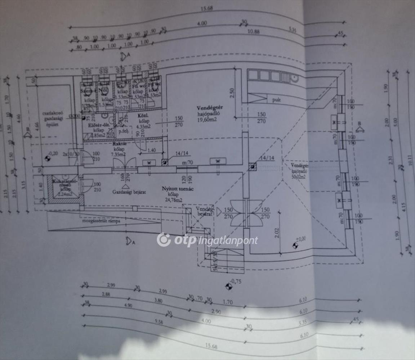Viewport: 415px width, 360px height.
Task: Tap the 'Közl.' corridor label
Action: click(142, 116)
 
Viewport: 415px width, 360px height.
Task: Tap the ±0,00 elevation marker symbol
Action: click(295, 246)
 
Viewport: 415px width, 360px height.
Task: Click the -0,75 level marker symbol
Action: click(228, 287)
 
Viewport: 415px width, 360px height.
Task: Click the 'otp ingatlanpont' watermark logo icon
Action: click(164, 240)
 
